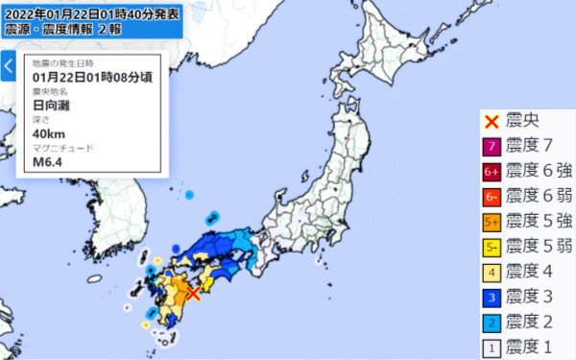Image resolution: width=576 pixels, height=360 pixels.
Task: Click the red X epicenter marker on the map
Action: [192, 293]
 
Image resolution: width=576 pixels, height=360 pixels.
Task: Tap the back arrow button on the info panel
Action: [9, 67]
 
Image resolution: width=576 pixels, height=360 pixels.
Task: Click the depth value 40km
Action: [49, 133]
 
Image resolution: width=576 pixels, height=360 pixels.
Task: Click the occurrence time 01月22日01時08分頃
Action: [92, 77]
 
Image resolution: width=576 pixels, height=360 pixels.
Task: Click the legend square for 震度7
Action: [492, 147]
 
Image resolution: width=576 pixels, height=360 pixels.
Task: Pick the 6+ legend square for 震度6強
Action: [492, 172]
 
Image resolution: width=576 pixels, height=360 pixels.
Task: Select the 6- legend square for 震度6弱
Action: [492, 196]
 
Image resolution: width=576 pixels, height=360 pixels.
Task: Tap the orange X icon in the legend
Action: [492, 122]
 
